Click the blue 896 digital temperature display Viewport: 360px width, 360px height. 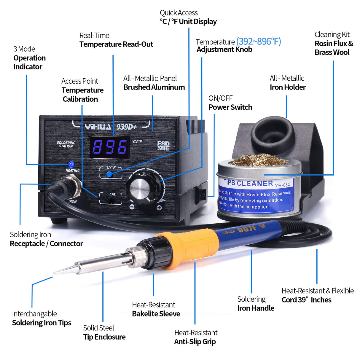(x=109, y=147)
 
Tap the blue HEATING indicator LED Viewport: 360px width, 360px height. (x=71, y=164)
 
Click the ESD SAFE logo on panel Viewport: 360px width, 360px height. (x=163, y=146)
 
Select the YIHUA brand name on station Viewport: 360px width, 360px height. (x=98, y=127)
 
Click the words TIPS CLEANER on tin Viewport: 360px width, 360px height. (x=248, y=183)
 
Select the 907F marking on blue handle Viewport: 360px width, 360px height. (x=247, y=229)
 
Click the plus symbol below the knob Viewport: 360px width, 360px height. (x=159, y=208)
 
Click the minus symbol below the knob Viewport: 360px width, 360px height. (x=132, y=207)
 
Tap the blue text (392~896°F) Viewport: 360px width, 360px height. (x=259, y=42)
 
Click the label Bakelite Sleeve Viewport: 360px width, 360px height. (x=156, y=314)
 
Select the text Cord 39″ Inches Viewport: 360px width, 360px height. (x=306, y=300)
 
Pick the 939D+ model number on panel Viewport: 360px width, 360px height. (x=126, y=127)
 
